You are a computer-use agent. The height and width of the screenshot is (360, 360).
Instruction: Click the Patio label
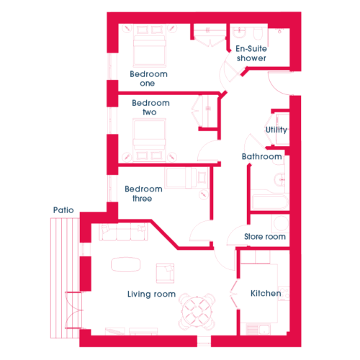click(x=63, y=210)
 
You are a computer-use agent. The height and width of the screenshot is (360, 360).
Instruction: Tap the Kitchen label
click(x=266, y=293)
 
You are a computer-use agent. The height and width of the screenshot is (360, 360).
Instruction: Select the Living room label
click(x=151, y=294)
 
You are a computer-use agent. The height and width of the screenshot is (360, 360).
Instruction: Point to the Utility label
click(x=276, y=130)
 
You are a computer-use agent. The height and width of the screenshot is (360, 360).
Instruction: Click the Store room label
click(x=265, y=237)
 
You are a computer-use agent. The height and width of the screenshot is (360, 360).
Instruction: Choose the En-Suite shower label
click(x=251, y=53)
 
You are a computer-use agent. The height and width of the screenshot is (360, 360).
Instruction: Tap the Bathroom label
click(x=262, y=156)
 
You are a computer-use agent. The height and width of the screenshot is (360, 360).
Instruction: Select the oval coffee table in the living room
click(x=125, y=264)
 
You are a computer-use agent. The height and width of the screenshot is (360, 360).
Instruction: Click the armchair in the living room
click(x=165, y=274)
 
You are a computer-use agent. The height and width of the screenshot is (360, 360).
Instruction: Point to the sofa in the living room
click(x=123, y=232)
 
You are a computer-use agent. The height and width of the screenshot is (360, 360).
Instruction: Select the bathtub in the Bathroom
click(x=270, y=203)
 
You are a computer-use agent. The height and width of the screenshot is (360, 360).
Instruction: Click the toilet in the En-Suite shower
click(x=258, y=34)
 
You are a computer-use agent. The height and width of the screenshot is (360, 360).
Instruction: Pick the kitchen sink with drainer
click(x=258, y=328)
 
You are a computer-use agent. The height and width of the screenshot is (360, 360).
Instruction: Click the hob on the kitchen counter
click(x=284, y=293)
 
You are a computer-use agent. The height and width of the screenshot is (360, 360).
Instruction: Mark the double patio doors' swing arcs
click(x=74, y=310)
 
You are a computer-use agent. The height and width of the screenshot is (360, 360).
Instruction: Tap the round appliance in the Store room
click(x=281, y=223)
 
